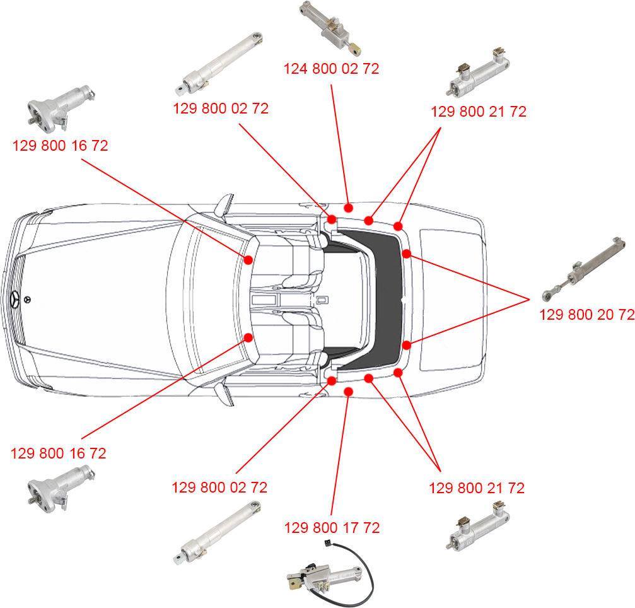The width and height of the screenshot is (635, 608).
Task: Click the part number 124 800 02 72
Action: pyautogui.click(x=331, y=69)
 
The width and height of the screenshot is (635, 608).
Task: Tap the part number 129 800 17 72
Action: pyautogui.click(x=332, y=528)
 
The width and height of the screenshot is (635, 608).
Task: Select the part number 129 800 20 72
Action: pyautogui.click(x=587, y=314)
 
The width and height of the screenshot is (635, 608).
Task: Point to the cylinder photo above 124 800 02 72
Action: pyautogui.click(x=330, y=28)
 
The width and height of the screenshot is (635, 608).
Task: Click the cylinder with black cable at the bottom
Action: pyautogui.click(x=330, y=572)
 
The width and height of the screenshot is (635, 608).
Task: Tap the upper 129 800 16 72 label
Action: pyautogui.click(x=61, y=146)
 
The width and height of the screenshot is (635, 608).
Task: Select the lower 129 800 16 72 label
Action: pyautogui.click(x=58, y=453)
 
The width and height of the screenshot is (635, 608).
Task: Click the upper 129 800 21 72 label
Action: pyautogui.click(x=478, y=112)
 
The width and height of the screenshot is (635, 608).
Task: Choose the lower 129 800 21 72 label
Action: pyautogui.click(x=477, y=488)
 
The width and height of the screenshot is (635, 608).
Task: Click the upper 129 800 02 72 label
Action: pyautogui.click(x=221, y=108)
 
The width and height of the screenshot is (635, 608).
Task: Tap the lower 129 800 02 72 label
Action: pyautogui.click(x=219, y=487)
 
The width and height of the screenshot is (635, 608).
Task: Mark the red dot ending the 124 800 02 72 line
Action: pyautogui.click(x=348, y=208)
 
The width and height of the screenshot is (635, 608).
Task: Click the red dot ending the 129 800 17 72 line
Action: pyautogui.click(x=348, y=391)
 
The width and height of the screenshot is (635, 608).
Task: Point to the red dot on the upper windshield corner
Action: pyautogui.click(x=248, y=259)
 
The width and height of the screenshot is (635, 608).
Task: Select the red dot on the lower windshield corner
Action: pyautogui.click(x=248, y=337)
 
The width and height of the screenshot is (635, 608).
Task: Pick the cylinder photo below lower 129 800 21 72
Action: pyautogui.click(x=478, y=526)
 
